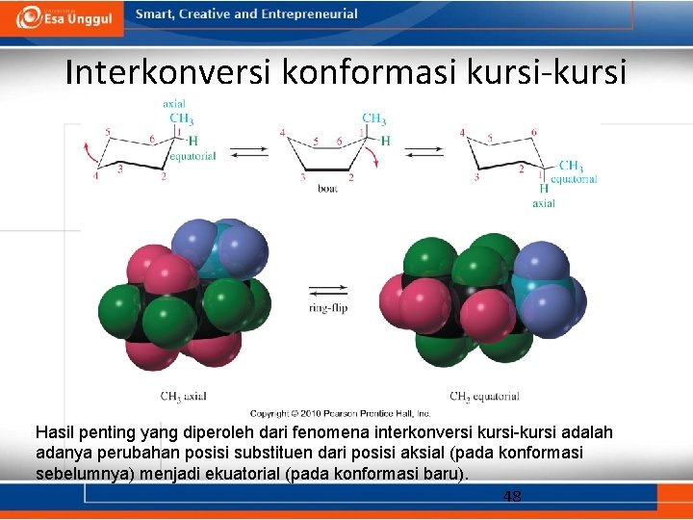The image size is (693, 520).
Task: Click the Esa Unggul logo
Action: pyautogui.click(x=64, y=17)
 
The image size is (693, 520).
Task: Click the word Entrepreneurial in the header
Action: pyautogui.click(x=310, y=14)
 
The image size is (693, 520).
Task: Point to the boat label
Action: pyautogui.click(x=327, y=190)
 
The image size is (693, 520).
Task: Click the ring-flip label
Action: pyautogui.click(x=327, y=308)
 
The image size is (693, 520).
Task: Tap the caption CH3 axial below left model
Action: pyautogui.click(x=183, y=396)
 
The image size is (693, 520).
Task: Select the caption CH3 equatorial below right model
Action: pyautogui.click(x=484, y=396)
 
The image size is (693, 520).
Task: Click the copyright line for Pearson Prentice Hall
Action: pyautogui.click(x=333, y=413)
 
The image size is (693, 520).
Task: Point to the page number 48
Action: pyautogui.click(x=512, y=497)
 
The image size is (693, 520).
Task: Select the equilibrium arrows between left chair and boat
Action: pyautogui.click(x=249, y=151)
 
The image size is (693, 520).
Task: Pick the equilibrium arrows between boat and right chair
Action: pyautogui.click(x=423, y=151)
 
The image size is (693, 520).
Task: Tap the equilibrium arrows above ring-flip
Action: pyautogui.click(x=327, y=290)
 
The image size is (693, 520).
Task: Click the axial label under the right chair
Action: pyautogui.click(x=544, y=203)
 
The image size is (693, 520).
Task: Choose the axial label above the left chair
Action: pyautogui.click(x=174, y=104)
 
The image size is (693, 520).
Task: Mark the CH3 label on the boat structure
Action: pyautogui.click(x=373, y=119)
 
